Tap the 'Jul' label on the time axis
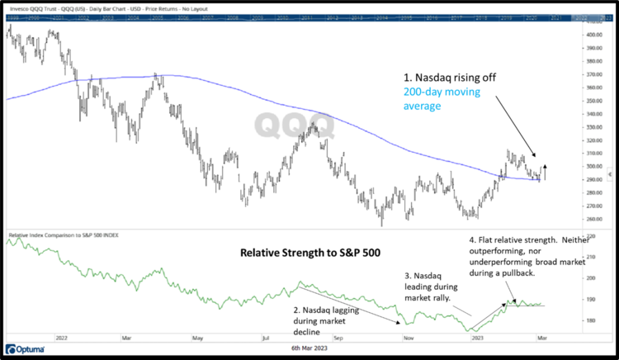[x=267, y=337]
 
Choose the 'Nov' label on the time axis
[x=406, y=337]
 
